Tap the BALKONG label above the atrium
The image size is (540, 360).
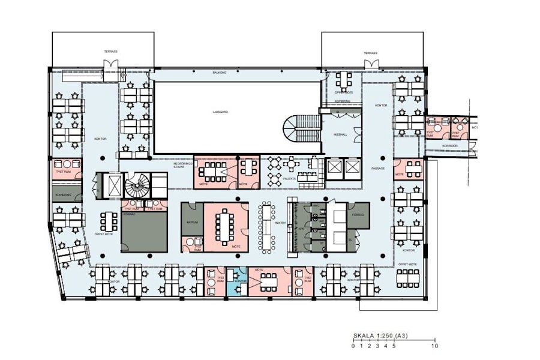coord(219,73)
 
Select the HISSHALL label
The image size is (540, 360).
coord(340,135)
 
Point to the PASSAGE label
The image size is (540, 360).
coord(377,169)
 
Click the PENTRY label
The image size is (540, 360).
coord(280,223)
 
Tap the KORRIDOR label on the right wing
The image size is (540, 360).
coord(451,145)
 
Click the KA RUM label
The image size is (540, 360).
coord(192,222)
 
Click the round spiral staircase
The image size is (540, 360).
coord(136,185)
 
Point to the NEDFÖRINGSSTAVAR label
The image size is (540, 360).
coord(182,165)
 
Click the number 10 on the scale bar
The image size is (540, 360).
coord(434,346)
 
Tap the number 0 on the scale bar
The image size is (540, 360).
coord(353,346)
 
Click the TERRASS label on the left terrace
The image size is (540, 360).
coord(110,52)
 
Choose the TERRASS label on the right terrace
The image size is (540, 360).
coord(370,53)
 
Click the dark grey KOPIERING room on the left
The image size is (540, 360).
coord(63,195)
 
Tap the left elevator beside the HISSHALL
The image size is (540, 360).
coord(333,167)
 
